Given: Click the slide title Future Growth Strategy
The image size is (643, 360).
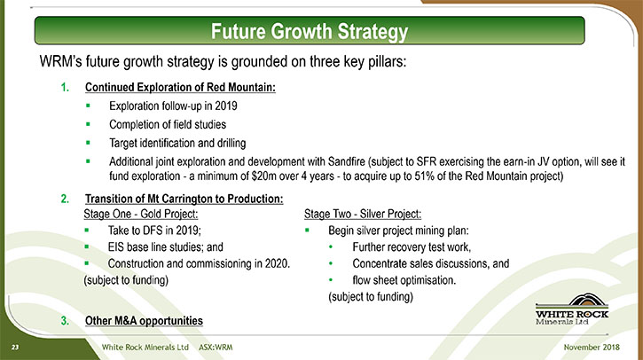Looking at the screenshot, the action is tap(310, 32).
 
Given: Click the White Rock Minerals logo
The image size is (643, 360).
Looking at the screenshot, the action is tap(572, 309).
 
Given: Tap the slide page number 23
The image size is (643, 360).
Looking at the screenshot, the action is tap(15, 348).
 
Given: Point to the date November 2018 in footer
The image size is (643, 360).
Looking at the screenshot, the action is tap(592, 347).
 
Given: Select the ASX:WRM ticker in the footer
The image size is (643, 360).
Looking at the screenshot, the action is tap(216, 348).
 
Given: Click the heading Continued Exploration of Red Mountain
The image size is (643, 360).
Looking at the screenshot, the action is tap(180, 87).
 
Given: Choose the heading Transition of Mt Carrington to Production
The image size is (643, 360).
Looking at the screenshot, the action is tap(184, 199).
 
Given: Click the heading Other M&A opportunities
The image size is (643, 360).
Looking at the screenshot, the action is tap(144, 321).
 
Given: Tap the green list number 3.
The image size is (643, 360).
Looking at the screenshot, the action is tap(65, 321).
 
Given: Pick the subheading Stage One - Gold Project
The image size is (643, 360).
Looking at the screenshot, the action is tap(141, 214).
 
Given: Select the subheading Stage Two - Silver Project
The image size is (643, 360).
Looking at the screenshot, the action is tap(363, 214).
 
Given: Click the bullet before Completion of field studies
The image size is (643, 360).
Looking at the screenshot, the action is tap(88, 124).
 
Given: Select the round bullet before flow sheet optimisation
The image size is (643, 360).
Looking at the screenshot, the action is tap(331, 280).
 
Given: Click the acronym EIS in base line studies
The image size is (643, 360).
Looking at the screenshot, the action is tap(115, 247).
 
